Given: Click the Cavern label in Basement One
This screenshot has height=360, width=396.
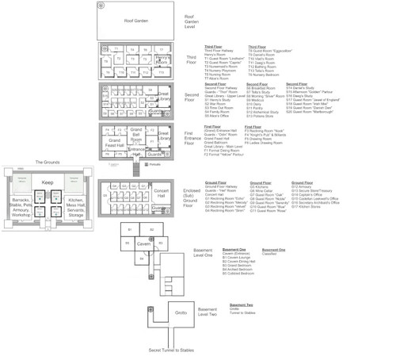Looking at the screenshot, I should (143, 244).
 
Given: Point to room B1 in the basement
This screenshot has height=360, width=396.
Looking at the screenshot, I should (128, 229).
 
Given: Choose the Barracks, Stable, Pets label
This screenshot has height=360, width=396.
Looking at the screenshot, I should (20, 208).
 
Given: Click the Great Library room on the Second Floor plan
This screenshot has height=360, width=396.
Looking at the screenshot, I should (164, 95).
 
